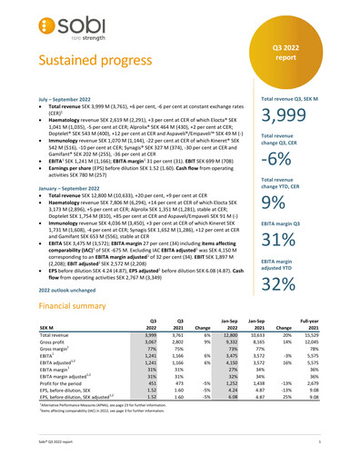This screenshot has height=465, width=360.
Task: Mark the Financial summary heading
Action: (x=62, y=333)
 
